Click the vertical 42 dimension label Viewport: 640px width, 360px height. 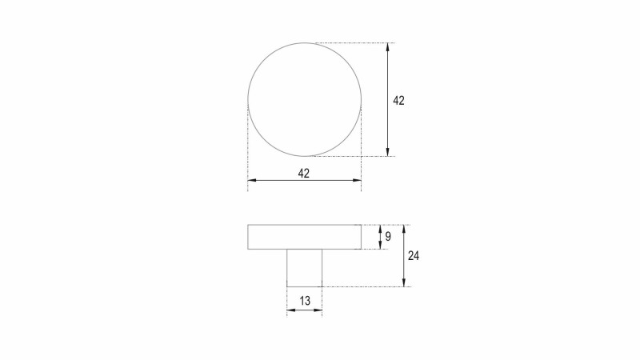398,101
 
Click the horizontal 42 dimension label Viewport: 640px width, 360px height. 304,174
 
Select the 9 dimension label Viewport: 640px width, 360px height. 388,236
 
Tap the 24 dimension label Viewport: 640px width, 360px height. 414,256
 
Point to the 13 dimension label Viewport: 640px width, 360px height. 305,302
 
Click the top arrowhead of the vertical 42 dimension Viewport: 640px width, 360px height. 388,47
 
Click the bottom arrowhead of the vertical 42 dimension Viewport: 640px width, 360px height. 388,152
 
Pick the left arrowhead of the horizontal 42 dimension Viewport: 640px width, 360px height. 252,180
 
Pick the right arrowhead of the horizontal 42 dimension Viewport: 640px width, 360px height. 357,180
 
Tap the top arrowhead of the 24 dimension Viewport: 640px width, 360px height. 404,229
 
